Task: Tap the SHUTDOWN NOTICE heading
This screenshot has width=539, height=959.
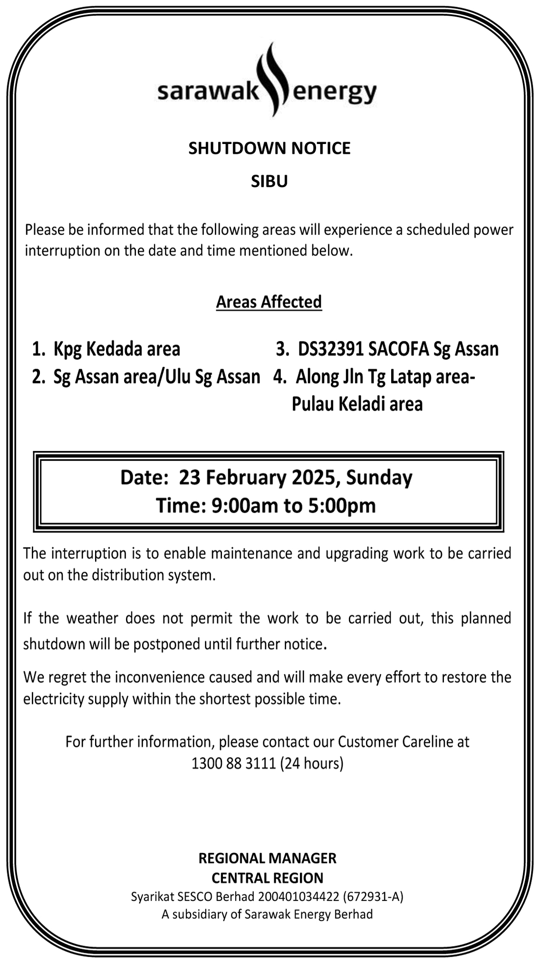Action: tap(269, 148)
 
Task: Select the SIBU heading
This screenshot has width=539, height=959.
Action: tap(269, 182)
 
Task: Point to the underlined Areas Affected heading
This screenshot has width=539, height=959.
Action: tap(269, 302)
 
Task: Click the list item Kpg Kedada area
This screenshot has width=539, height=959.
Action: tap(116, 349)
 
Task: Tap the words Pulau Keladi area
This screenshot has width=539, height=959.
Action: tap(357, 404)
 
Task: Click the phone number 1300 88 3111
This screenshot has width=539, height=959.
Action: tap(233, 763)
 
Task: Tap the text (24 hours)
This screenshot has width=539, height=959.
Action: tap(311, 763)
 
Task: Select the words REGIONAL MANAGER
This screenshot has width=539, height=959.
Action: tap(267, 858)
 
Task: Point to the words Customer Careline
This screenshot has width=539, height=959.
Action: tap(404, 742)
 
